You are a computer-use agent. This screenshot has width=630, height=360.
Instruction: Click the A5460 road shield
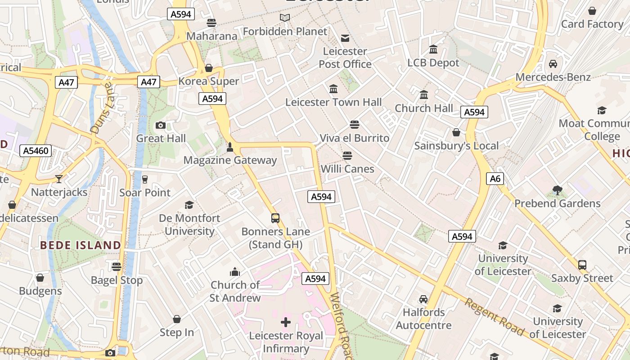36,151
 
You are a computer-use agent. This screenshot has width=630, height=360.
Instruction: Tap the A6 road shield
495,179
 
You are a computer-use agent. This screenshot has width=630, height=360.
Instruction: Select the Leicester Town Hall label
333,102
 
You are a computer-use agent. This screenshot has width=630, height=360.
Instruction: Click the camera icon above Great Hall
161,125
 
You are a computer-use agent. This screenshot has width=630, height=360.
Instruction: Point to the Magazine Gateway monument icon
230,147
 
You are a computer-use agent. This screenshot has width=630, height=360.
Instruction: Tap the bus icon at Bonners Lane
275,218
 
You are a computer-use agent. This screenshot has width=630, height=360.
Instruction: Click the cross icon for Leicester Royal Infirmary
286,322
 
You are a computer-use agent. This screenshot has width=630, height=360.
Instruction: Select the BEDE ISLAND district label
81,245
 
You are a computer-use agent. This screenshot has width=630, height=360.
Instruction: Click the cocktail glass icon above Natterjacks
59,179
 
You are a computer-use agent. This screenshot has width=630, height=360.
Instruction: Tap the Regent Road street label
494,317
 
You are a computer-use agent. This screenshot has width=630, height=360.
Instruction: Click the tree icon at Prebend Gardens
558,190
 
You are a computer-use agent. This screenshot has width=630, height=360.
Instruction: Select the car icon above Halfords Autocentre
423,299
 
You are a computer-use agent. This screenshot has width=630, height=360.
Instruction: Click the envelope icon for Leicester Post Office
345,38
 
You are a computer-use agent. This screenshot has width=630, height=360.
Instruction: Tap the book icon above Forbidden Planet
285,18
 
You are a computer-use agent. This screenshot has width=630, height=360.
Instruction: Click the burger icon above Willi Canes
347,156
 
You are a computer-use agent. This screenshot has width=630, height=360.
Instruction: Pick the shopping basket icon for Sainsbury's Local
456,132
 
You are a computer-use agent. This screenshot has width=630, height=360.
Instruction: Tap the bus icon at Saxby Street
582,265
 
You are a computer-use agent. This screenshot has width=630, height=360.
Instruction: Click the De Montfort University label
189,225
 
